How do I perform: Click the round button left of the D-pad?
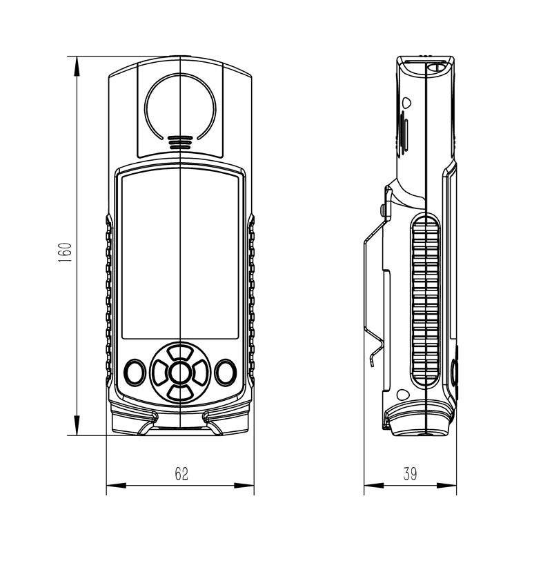click(135, 373)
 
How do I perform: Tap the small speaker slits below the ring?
click(180, 143)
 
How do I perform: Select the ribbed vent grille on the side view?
click(426, 300)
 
